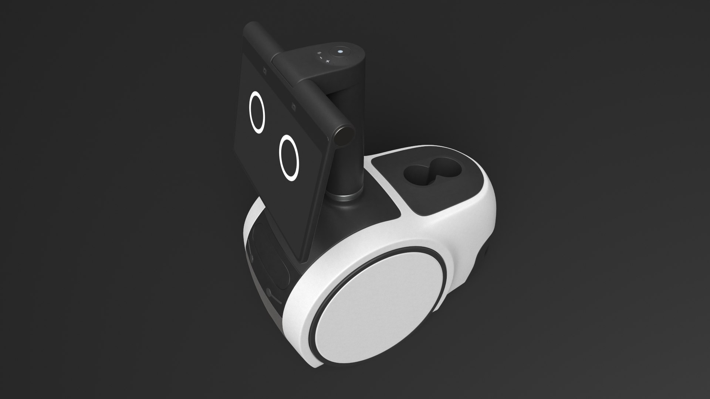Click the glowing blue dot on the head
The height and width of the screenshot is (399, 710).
pyautogui.click(x=340, y=52)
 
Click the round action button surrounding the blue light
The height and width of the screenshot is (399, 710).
pyautogui.click(x=340, y=52)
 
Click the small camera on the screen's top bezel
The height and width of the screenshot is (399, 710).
pyautogui.click(x=265, y=69)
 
